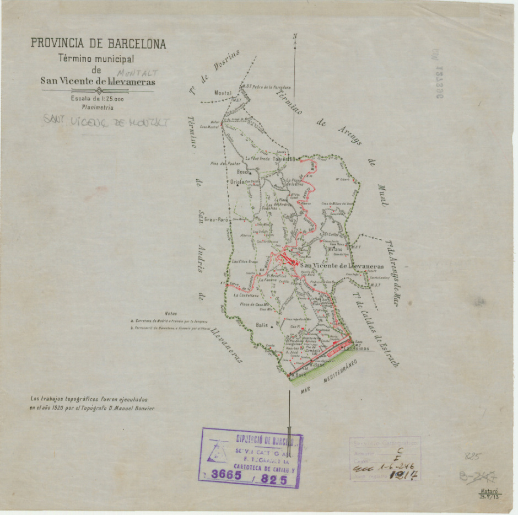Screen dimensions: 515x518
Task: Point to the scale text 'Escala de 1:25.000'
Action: [97, 99]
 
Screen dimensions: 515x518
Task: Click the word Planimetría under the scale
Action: [97, 108]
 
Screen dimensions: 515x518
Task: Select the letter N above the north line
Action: [295, 37]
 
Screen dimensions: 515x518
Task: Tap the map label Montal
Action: [223, 93]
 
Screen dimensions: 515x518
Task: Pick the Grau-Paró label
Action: [216, 219]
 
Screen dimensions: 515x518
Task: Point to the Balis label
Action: [262, 325]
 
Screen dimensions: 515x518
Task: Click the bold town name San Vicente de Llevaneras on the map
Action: [342, 266]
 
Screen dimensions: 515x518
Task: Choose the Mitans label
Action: [335, 249]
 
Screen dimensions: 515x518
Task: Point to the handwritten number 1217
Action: [403, 474]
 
